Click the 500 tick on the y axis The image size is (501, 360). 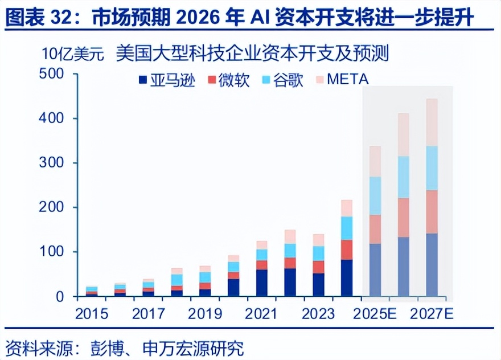[51, 74]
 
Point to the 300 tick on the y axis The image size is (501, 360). [51, 163]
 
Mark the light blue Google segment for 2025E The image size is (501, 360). [375, 195]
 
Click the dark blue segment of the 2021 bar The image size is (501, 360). [262, 283]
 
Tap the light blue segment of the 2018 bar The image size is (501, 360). [177, 280]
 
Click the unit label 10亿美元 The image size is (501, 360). [72, 55]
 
